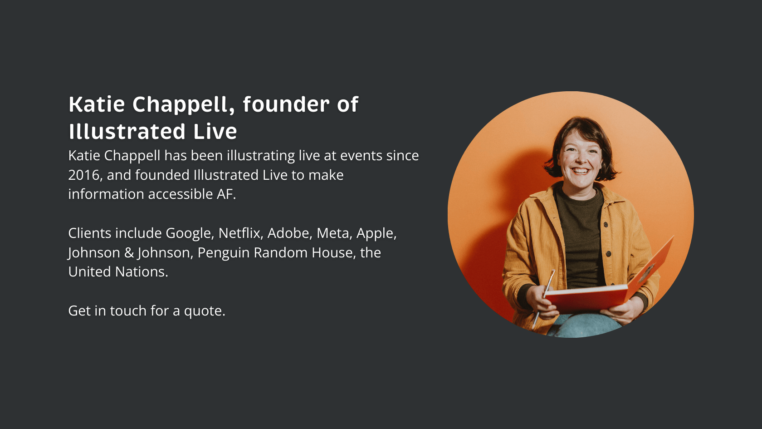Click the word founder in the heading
(286, 104)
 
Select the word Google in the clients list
(188, 234)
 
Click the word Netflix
(239, 233)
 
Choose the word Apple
(375, 234)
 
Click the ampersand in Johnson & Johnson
(129, 253)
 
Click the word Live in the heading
(215, 132)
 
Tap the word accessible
(181, 194)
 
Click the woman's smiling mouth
(581, 171)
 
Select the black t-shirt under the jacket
(581, 238)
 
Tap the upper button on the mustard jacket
(606, 225)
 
